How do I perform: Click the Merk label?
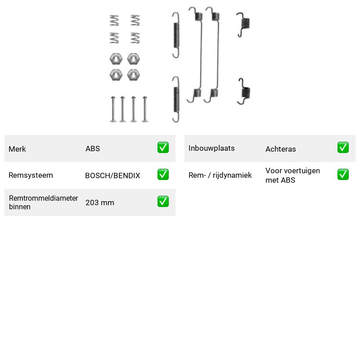pyautogui.click(x=17, y=149)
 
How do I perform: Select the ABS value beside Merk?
pyautogui.click(x=93, y=148)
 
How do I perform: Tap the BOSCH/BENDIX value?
pyautogui.click(x=112, y=175)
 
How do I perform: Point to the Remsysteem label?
pyautogui.click(x=31, y=175)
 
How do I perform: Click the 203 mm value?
pyautogui.click(x=100, y=202)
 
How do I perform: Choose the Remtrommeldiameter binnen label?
pyautogui.click(x=43, y=202)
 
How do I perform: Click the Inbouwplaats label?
pyautogui.click(x=211, y=148)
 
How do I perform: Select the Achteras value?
pyautogui.click(x=280, y=149)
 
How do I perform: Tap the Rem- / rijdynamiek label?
pyautogui.click(x=220, y=175)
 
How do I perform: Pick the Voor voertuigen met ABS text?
pyautogui.click(x=293, y=175)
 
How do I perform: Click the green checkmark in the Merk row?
pyautogui.click(x=163, y=148)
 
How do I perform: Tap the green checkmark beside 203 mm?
pyautogui.click(x=163, y=201)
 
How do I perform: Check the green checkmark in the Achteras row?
pyautogui.click(x=343, y=148)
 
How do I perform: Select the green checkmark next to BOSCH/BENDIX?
pyautogui.click(x=163, y=175)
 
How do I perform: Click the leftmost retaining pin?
pyautogui.click(x=113, y=109)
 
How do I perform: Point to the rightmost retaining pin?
pyautogui.click(x=144, y=109)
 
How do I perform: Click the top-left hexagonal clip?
pyautogui.click(x=116, y=59)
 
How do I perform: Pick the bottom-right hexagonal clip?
pyautogui.click(x=133, y=75)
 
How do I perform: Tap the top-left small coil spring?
pyautogui.click(x=114, y=20)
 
